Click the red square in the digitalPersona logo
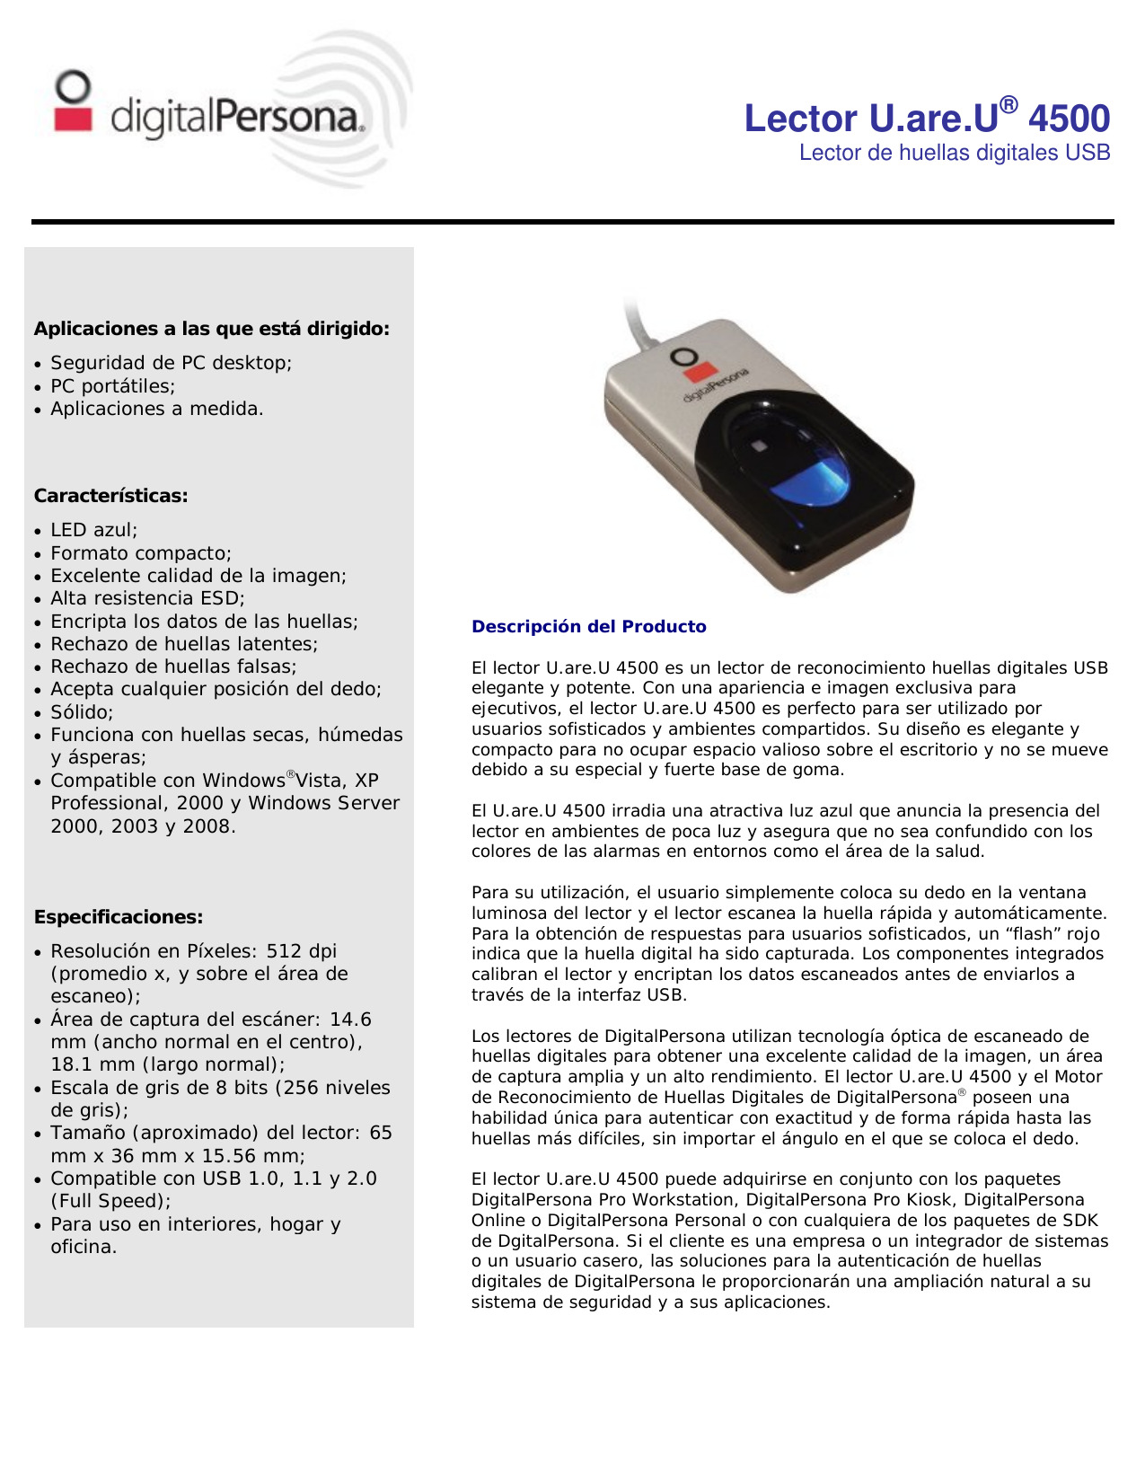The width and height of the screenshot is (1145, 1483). pyautogui.click(x=74, y=120)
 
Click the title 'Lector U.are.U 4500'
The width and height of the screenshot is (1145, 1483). pyautogui.click(x=927, y=119)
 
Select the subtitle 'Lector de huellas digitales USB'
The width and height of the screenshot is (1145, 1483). pyautogui.click(x=954, y=153)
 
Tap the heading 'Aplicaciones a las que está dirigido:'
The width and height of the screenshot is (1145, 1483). pyautogui.click(x=212, y=329)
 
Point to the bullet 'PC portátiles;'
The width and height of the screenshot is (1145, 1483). pyautogui.click(x=112, y=386)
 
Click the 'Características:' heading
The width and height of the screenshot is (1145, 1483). pyautogui.click(x=111, y=496)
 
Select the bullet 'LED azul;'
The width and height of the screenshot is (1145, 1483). pyautogui.click(x=94, y=530)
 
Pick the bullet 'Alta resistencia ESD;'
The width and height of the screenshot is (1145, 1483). pyautogui.click(x=147, y=598)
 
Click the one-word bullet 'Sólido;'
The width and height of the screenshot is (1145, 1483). pyautogui.click(x=82, y=712)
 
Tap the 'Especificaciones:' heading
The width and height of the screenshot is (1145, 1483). pyautogui.click(x=119, y=917)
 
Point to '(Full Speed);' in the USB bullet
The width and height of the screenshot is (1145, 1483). pyautogui.click(x=110, y=1201)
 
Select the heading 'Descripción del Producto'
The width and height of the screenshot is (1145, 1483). pyautogui.click(x=589, y=627)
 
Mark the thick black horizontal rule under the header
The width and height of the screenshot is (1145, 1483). pyautogui.click(x=572, y=221)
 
